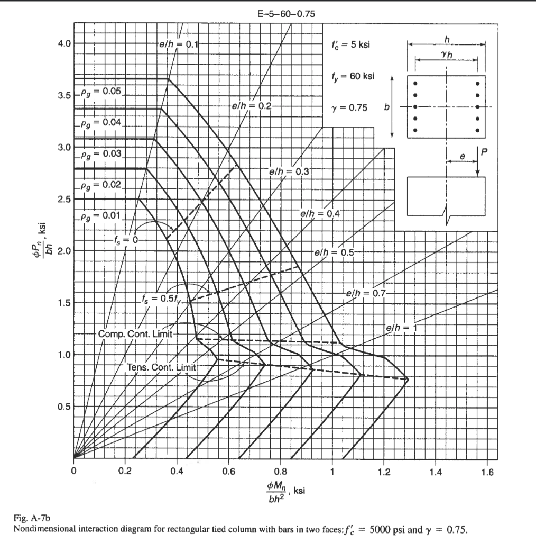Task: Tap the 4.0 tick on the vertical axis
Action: click(65, 43)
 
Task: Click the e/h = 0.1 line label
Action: click(178, 44)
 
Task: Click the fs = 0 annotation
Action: click(125, 239)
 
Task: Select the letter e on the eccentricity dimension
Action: click(462, 157)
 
